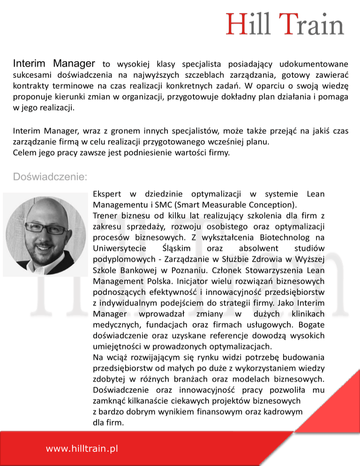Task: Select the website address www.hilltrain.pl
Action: [x=82, y=449]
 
